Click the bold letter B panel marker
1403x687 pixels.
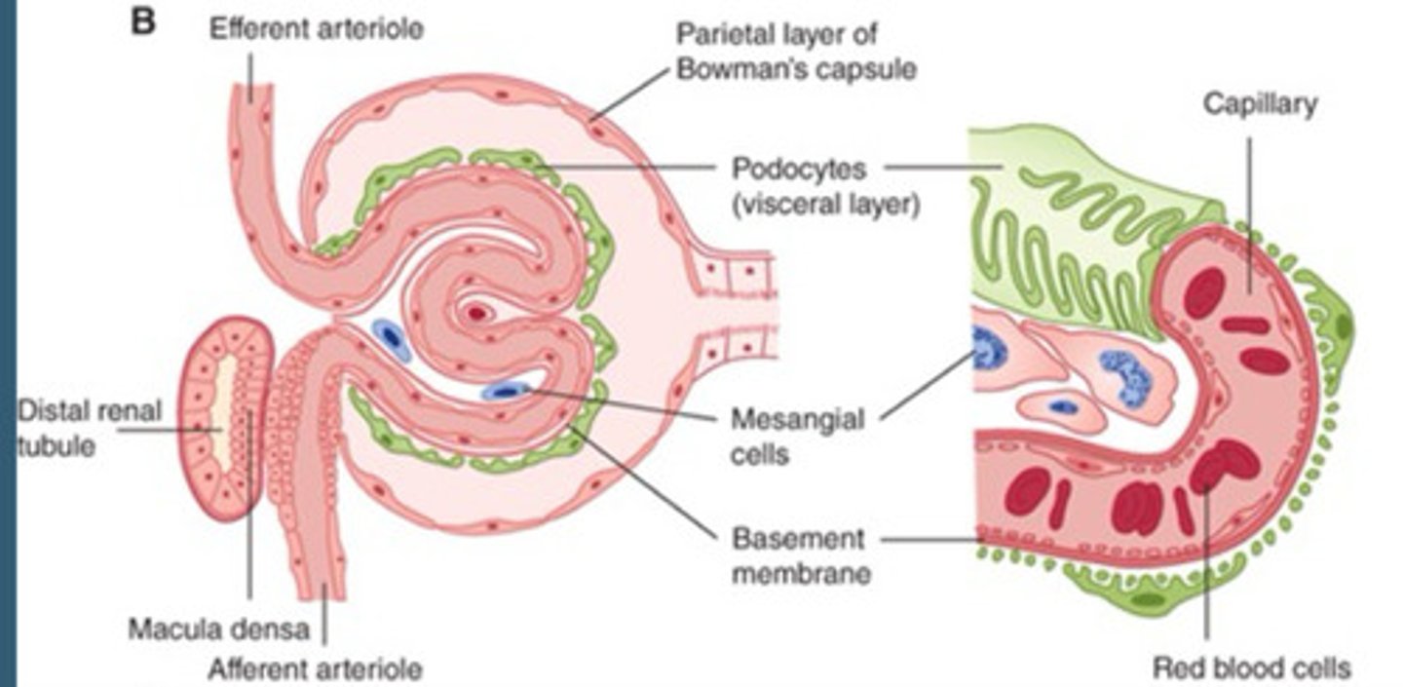pyautogui.click(x=143, y=21)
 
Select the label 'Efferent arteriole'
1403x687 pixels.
pyautogui.click(x=317, y=28)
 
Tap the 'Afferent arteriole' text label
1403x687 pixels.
pyautogui.click(x=316, y=668)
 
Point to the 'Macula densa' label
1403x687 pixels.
pyautogui.click(x=218, y=629)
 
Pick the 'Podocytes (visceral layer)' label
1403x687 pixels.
pyautogui.click(x=824, y=187)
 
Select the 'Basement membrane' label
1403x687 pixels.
pyautogui.click(x=799, y=555)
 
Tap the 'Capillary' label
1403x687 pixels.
pyautogui.click(x=1260, y=104)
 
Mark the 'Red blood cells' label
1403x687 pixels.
pyautogui.click(x=1252, y=668)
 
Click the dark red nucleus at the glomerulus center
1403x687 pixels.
pyautogui.click(x=476, y=314)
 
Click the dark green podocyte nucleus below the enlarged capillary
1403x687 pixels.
pyautogui.click(x=1150, y=598)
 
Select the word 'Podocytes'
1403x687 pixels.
pyautogui.click(x=798, y=169)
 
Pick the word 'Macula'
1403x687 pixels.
pyautogui.click(x=173, y=629)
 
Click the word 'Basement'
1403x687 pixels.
pyautogui.click(x=783, y=539)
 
